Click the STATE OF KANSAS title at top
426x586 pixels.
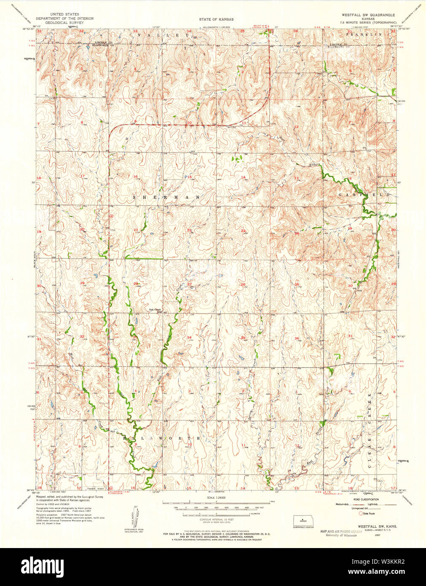pyautogui.click(x=216, y=19)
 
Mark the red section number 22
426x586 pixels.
pyautogui.click(x=189, y=230)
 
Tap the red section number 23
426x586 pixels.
pyautogui.click(x=243, y=230)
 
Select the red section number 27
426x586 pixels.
pyautogui.click(x=189, y=285)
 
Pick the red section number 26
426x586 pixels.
pyautogui.click(x=243, y=285)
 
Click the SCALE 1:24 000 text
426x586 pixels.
pyautogui.click(x=216, y=498)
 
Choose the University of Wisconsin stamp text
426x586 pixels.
pyautogui.click(x=338, y=535)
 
